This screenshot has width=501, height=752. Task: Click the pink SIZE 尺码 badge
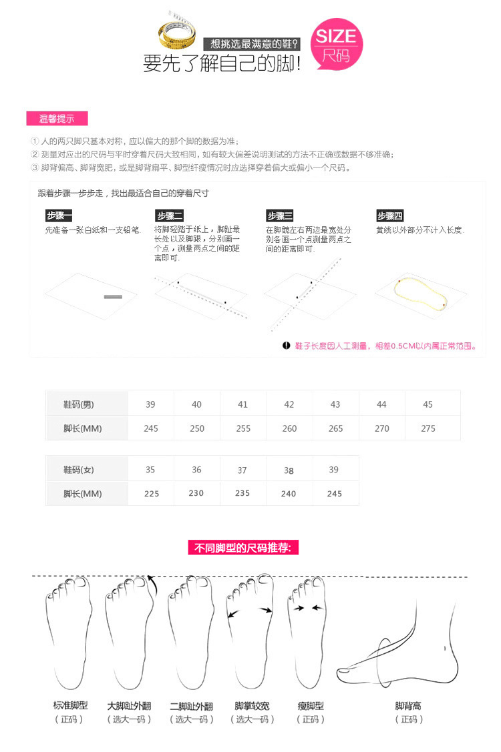coord(337,44)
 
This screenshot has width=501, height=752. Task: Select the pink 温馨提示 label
coord(57,119)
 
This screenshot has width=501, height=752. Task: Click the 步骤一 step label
coord(59,216)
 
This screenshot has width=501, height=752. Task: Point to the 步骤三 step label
coord(280,216)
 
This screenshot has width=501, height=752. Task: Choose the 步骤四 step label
coord(389,216)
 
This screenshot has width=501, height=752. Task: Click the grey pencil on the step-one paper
coord(113,296)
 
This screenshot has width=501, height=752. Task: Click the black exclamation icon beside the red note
coord(287,346)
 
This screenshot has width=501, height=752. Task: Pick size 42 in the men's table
coord(289,404)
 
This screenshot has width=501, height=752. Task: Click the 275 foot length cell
coord(428,428)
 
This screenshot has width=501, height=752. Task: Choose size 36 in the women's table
coord(196,470)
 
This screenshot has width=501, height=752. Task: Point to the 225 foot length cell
coord(151,494)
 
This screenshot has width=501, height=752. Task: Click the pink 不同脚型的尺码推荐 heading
coord(243,548)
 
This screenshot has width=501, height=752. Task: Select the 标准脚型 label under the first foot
coord(70,705)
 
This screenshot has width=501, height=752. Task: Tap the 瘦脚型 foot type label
coord(311,705)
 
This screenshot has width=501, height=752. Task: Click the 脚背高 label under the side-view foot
coord(408,705)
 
